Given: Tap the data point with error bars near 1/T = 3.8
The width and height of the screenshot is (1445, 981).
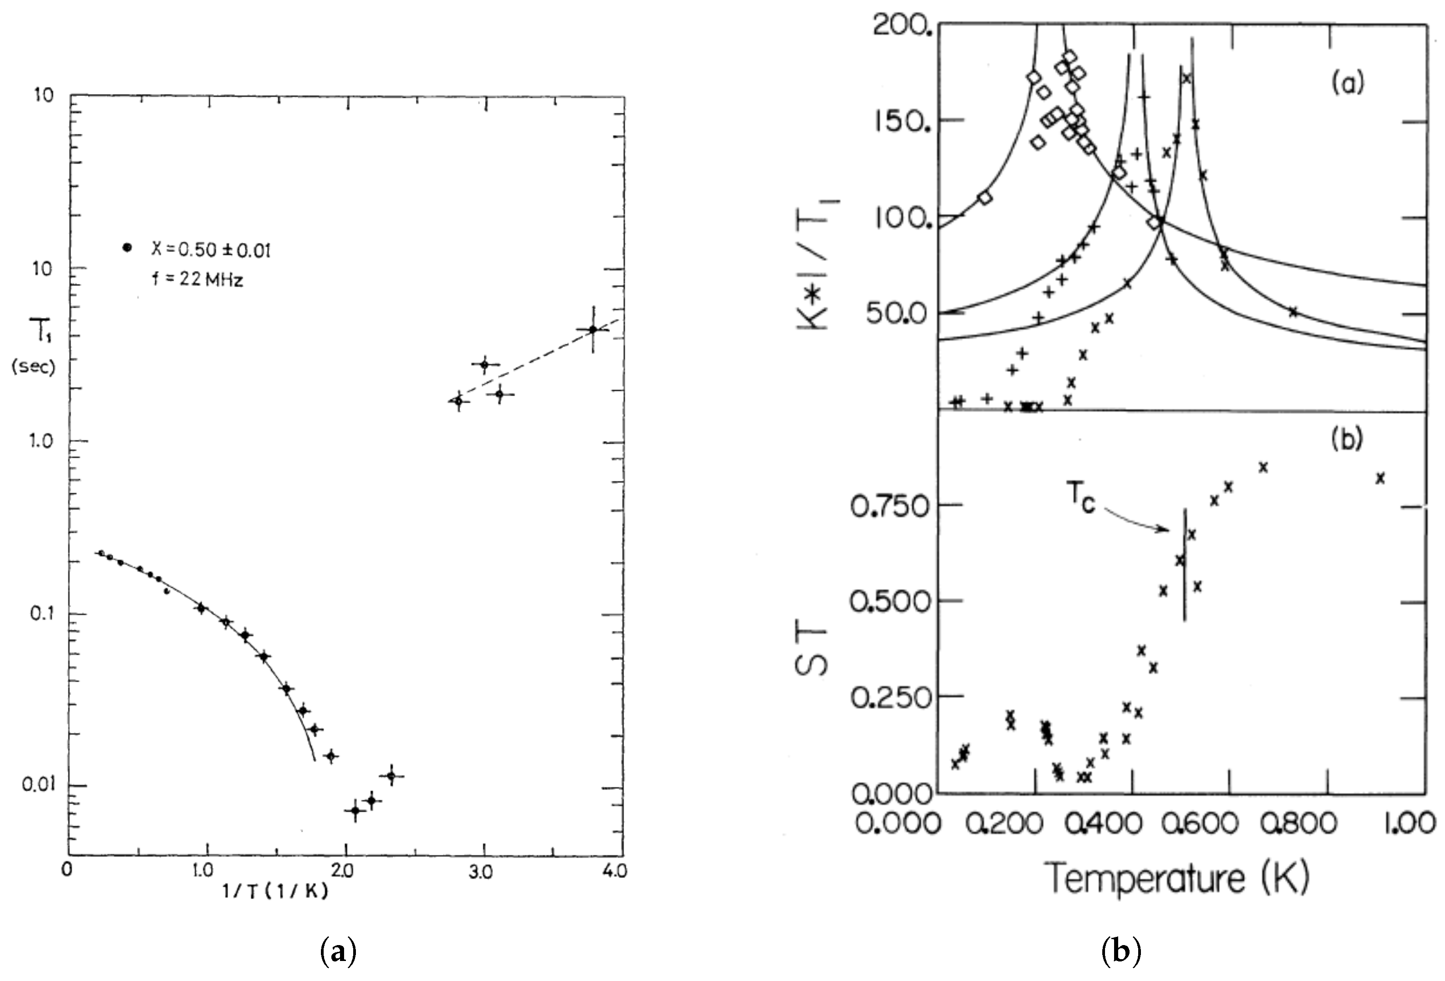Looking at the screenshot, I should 593,330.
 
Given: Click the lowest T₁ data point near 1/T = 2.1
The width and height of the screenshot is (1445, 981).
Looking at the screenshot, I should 355,810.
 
